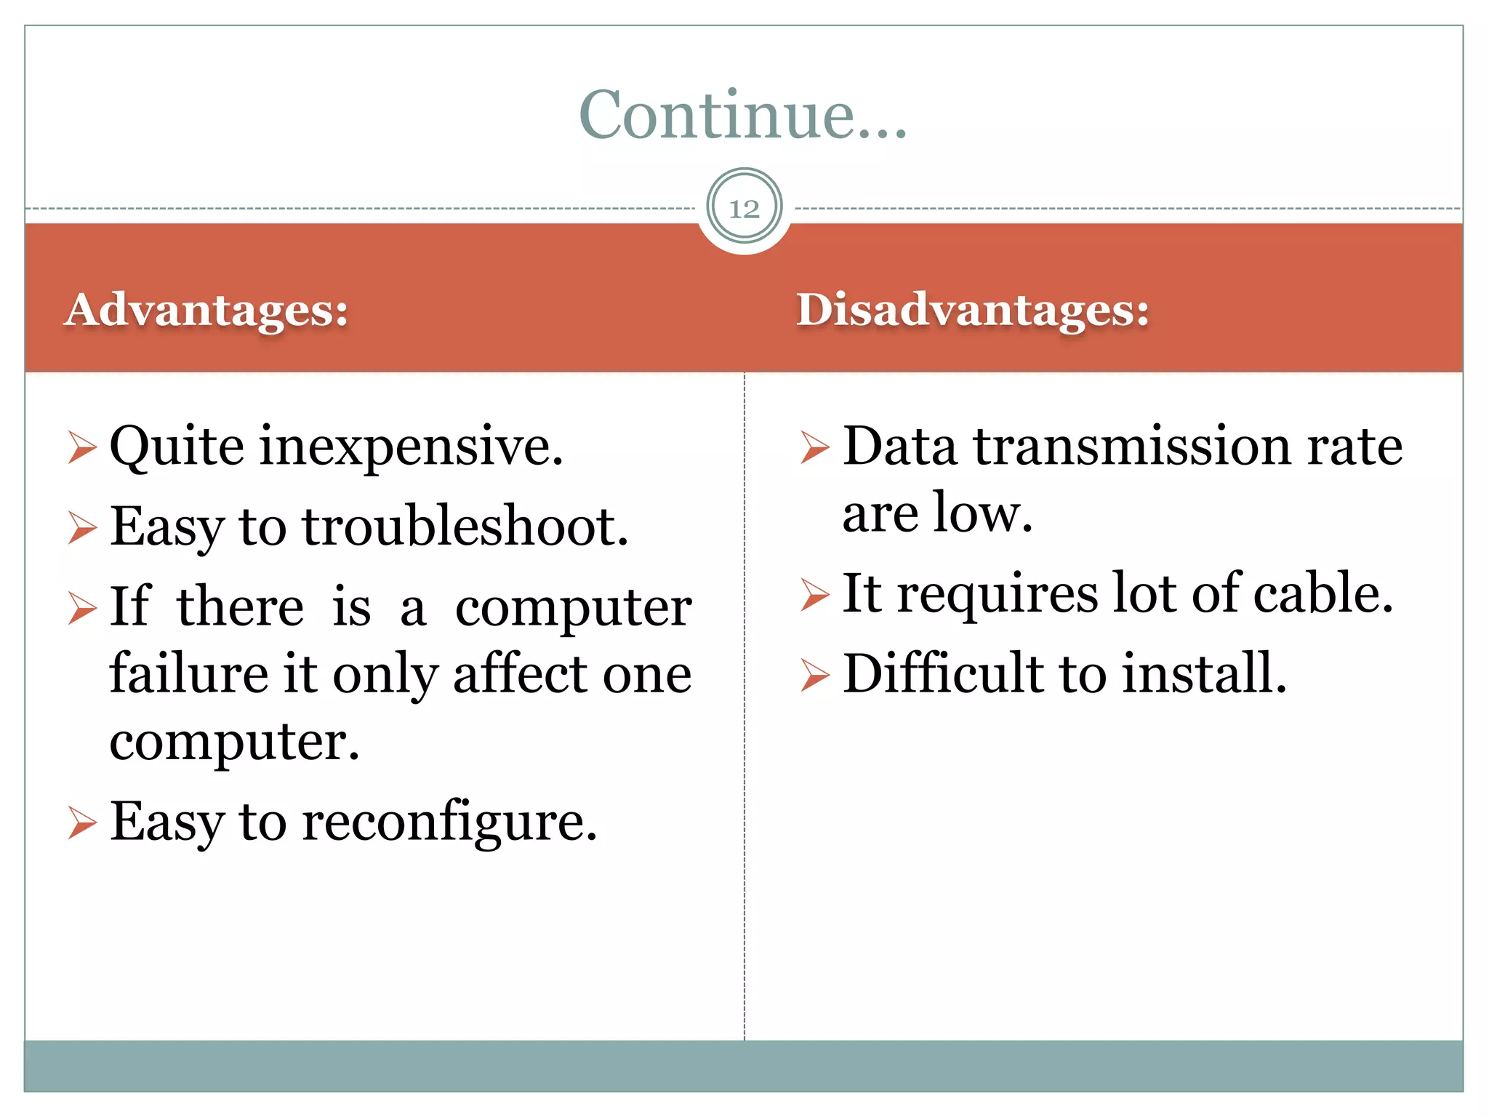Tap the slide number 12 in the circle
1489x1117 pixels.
pyautogui.click(x=744, y=209)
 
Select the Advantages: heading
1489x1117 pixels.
pyautogui.click(x=206, y=310)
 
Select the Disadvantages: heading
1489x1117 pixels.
pyautogui.click(x=972, y=310)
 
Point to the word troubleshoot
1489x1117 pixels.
pyautogui.click(x=465, y=527)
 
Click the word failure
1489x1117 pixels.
pyautogui.click(x=189, y=673)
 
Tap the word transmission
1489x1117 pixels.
pyautogui.click(x=1132, y=446)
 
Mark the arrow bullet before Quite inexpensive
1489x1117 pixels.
pyautogui.click(x=82, y=447)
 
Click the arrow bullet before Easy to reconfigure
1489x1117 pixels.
pyautogui.click(x=82, y=823)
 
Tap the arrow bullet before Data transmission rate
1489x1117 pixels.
pyautogui.click(x=814, y=447)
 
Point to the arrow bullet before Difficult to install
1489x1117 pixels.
pyautogui.click(x=814, y=674)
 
